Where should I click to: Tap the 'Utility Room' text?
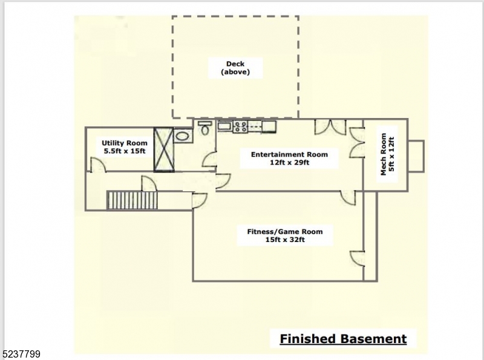124,143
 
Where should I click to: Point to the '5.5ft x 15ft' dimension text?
124,151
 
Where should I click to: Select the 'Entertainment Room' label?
289,154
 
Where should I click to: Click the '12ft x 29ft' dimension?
289,163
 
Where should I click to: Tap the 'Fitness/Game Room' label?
284,231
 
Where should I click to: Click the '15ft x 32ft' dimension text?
284,240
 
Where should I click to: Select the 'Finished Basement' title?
343,339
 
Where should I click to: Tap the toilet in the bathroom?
204,129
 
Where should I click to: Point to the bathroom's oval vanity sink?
183,137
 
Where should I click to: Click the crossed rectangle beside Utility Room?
164,149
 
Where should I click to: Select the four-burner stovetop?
240,126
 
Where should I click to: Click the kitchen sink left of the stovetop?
224,126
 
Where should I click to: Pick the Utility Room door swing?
97,164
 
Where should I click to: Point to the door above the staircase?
148,183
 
